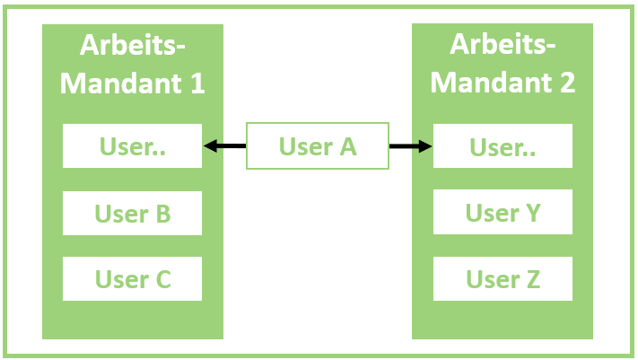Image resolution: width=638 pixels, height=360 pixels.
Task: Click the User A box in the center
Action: click(x=318, y=146)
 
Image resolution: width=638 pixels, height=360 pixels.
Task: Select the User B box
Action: click(x=132, y=214)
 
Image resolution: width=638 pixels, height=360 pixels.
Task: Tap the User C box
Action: click(x=132, y=279)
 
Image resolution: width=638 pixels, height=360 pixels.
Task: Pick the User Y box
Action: click(x=503, y=214)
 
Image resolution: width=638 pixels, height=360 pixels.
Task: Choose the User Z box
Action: click(x=503, y=279)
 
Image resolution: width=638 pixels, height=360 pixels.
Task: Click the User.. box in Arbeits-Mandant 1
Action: click(x=132, y=146)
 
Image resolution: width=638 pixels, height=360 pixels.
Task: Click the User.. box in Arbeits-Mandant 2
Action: click(x=503, y=146)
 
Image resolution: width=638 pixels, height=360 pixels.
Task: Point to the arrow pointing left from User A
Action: click(x=224, y=146)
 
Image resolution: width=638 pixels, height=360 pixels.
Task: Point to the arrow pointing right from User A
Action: click(x=411, y=146)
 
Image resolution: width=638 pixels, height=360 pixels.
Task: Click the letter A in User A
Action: click(x=346, y=146)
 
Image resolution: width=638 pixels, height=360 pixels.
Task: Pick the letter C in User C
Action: click(x=162, y=279)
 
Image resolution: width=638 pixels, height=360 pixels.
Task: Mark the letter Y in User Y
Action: click(x=531, y=214)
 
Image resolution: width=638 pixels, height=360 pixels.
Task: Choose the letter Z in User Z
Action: click(x=531, y=279)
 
